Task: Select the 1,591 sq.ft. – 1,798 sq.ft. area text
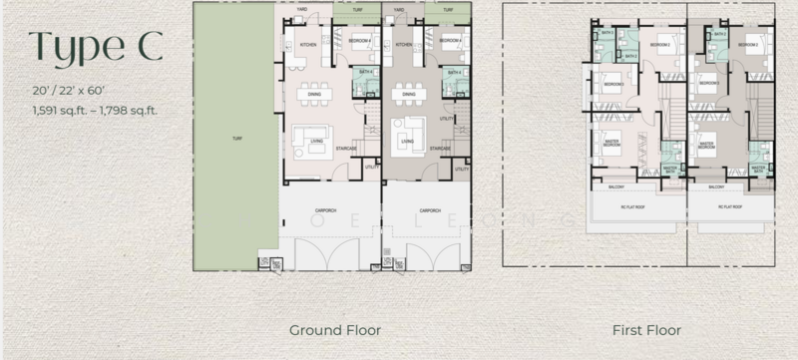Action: tap(94, 110)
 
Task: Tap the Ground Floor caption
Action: tap(334, 328)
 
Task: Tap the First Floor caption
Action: tap(640, 328)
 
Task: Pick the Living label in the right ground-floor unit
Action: tap(407, 142)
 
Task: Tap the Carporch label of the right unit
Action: tap(431, 210)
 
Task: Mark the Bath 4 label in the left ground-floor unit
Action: tap(366, 73)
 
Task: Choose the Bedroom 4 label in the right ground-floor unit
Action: tap(449, 41)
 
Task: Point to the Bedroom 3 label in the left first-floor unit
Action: tap(659, 46)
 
